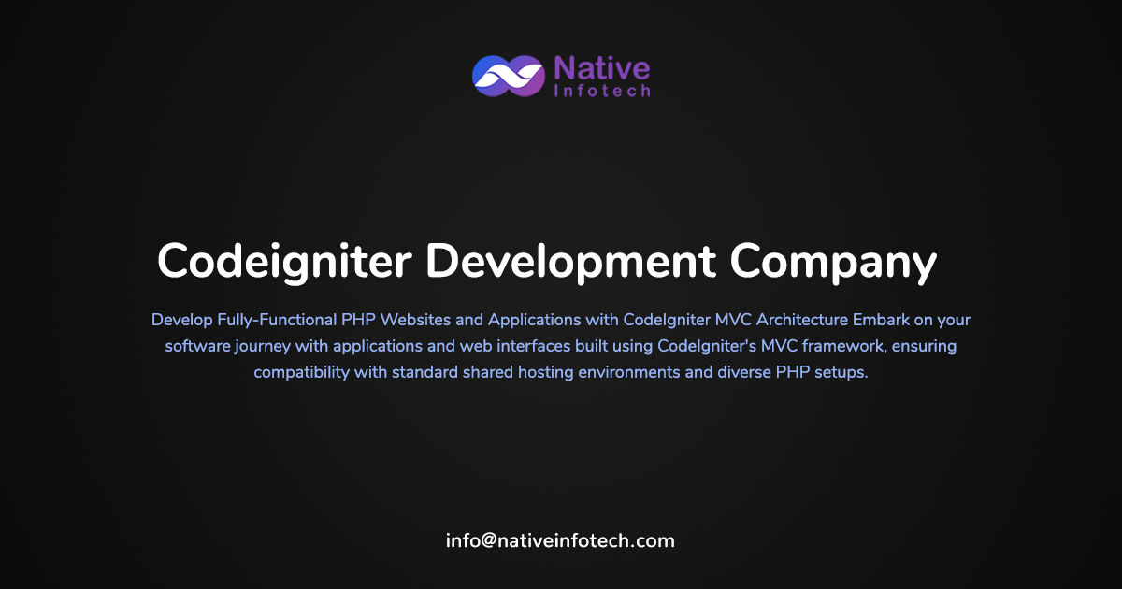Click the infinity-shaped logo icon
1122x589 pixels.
click(509, 76)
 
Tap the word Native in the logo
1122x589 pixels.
click(601, 67)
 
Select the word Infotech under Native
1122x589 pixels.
click(601, 91)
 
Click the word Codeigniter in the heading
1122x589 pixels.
click(283, 261)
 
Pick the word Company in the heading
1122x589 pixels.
click(833, 261)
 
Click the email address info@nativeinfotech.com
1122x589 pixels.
click(560, 540)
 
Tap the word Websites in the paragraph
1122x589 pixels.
click(414, 320)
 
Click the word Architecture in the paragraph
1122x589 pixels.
click(795, 320)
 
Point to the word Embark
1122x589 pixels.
click(881, 320)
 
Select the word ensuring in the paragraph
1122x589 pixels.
click(925, 346)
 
